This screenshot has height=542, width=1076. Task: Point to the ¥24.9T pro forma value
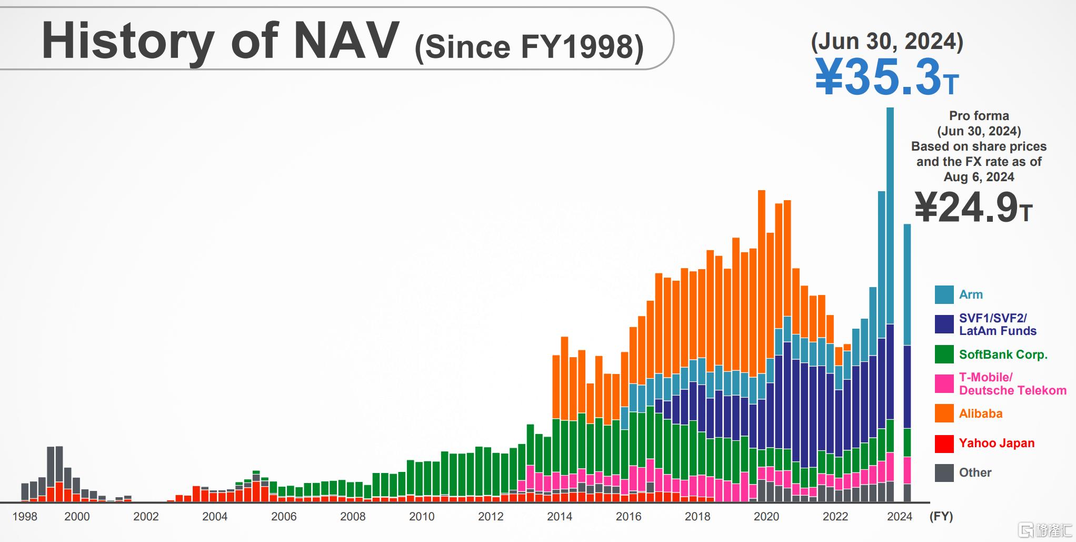973,208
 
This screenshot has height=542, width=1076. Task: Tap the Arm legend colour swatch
944,295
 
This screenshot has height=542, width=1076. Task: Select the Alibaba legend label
980,414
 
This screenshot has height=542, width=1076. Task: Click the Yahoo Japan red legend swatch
944,444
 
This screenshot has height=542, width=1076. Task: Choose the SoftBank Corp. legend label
1003,354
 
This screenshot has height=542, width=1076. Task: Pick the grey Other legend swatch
944,473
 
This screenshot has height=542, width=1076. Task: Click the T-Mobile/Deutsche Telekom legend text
1012,384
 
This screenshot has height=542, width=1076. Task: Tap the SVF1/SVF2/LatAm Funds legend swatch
944,324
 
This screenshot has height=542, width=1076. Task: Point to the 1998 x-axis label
25,517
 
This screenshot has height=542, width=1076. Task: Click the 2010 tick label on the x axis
422,517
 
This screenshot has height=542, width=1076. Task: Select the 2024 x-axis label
900,517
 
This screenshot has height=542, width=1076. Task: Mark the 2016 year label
629,517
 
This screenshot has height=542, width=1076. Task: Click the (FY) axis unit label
941,517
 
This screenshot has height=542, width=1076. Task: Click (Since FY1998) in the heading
529,47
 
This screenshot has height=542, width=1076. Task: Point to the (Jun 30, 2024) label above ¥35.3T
887,41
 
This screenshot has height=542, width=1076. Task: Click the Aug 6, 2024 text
979,177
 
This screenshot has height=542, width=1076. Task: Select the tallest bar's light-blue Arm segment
890,216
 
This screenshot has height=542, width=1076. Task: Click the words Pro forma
979,116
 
